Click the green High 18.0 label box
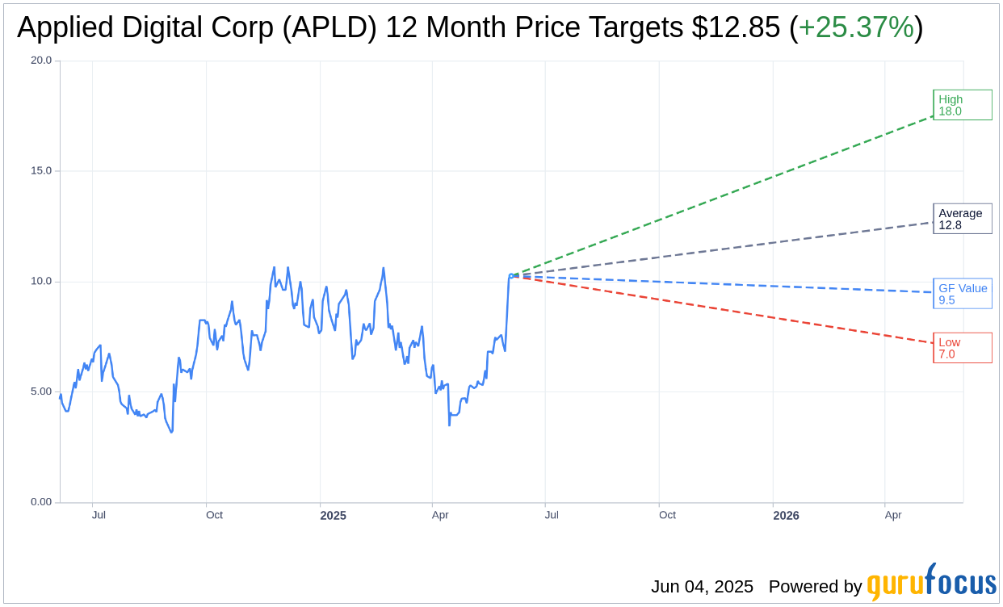[x=962, y=105]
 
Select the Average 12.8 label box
[x=962, y=219]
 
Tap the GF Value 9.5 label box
[x=962, y=294]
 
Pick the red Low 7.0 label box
[x=962, y=348]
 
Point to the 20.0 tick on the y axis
[x=41, y=61]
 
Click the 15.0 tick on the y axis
[x=41, y=171]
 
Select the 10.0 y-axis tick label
[x=41, y=282]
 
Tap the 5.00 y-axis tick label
[x=41, y=391]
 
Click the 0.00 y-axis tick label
[x=41, y=502]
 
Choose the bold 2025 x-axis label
[x=333, y=516]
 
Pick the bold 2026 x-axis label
[x=786, y=516]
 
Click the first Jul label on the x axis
[x=99, y=515]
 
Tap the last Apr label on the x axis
[x=892, y=515]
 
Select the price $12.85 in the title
[x=736, y=28]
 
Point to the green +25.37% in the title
[x=855, y=28]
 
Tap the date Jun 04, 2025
[x=702, y=587]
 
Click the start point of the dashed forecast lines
[x=511, y=276]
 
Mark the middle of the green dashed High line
[x=722, y=196]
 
